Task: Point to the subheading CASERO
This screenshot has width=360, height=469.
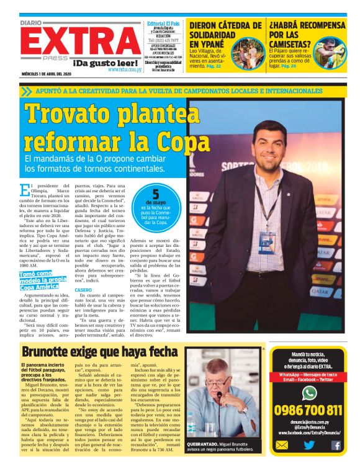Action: [x=83, y=290]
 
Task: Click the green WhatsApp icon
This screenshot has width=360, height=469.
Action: [x=309, y=392]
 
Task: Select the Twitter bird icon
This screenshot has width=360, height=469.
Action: [x=308, y=445]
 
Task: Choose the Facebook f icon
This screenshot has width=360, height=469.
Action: [x=336, y=445]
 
